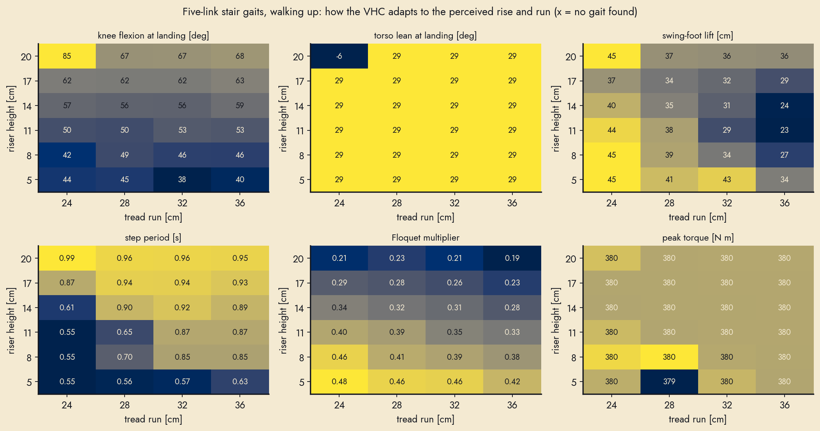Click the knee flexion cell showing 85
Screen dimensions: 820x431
[67, 56]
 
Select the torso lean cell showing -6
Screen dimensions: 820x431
[339, 56]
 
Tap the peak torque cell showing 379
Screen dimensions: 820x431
[669, 382]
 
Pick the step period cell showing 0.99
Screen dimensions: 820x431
[67, 258]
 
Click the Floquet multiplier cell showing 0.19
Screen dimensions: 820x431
[512, 258]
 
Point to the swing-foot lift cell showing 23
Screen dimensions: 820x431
[784, 130]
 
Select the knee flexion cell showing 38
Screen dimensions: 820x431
[182, 179]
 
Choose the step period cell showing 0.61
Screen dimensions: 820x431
[67, 308]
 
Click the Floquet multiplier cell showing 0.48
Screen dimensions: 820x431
[339, 382]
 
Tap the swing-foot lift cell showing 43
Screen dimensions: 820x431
[727, 179]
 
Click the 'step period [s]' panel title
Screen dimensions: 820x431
[153, 238]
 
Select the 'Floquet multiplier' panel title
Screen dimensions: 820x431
[426, 237]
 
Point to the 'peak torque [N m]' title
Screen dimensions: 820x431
[698, 238]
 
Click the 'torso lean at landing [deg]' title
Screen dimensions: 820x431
[425, 36]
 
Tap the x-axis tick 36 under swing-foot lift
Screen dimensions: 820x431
[785, 203]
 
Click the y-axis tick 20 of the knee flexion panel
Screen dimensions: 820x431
[26, 57]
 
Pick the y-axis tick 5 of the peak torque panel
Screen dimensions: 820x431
[574, 382]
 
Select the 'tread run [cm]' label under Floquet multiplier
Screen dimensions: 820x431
[425, 419]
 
